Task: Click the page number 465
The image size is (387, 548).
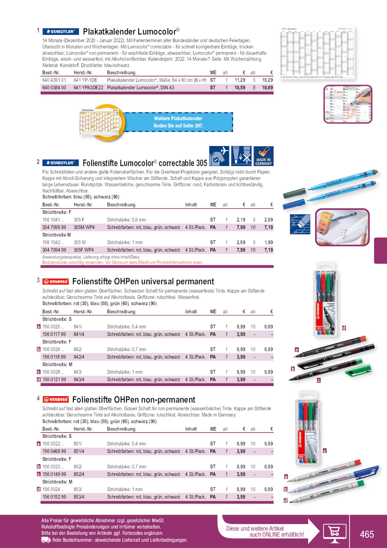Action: point(367,534)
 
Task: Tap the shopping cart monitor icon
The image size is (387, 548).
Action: point(334,532)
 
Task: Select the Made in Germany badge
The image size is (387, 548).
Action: point(263,156)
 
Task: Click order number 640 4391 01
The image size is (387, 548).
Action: point(54,80)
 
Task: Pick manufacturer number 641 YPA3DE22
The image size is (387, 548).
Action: point(88,88)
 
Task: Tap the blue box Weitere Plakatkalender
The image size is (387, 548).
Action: point(179,122)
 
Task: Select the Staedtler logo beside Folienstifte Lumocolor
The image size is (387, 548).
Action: point(61,163)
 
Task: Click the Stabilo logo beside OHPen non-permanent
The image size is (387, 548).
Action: point(56,400)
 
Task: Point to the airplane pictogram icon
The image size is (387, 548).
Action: point(219,156)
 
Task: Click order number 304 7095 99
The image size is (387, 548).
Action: point(54,228)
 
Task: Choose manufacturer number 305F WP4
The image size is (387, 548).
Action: point(84,250)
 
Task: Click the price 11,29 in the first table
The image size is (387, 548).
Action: point(240,80)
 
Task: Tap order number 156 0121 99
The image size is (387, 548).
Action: point(54,380)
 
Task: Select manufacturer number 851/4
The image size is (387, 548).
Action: point(79,451)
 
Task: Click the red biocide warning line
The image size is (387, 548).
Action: point(123,263)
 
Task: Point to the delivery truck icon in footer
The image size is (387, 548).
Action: point(46,540)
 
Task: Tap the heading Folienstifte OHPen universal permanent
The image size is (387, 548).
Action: point(143,281)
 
